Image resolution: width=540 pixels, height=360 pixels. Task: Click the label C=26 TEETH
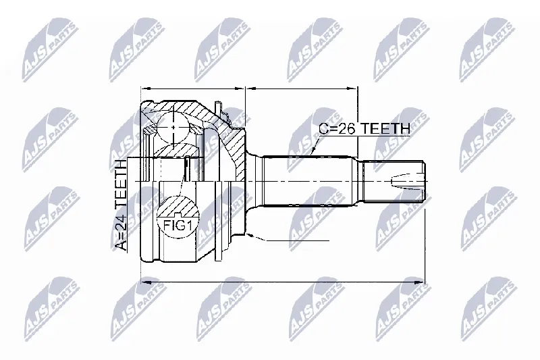(364, 128)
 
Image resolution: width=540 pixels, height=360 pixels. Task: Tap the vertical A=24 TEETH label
(121, 205)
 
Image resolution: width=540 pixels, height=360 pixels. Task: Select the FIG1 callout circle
(177, 217)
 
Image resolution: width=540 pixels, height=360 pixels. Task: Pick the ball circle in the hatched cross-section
(173, 127)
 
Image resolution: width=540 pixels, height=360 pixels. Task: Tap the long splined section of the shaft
(310, 181)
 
